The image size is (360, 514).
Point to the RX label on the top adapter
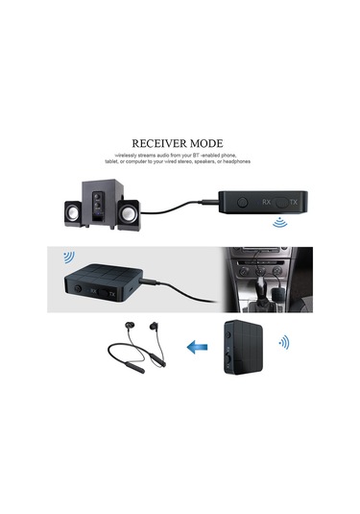coord(268,204)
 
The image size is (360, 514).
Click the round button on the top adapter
coord(243,204)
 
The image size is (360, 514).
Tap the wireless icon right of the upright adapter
coord(284,342)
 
